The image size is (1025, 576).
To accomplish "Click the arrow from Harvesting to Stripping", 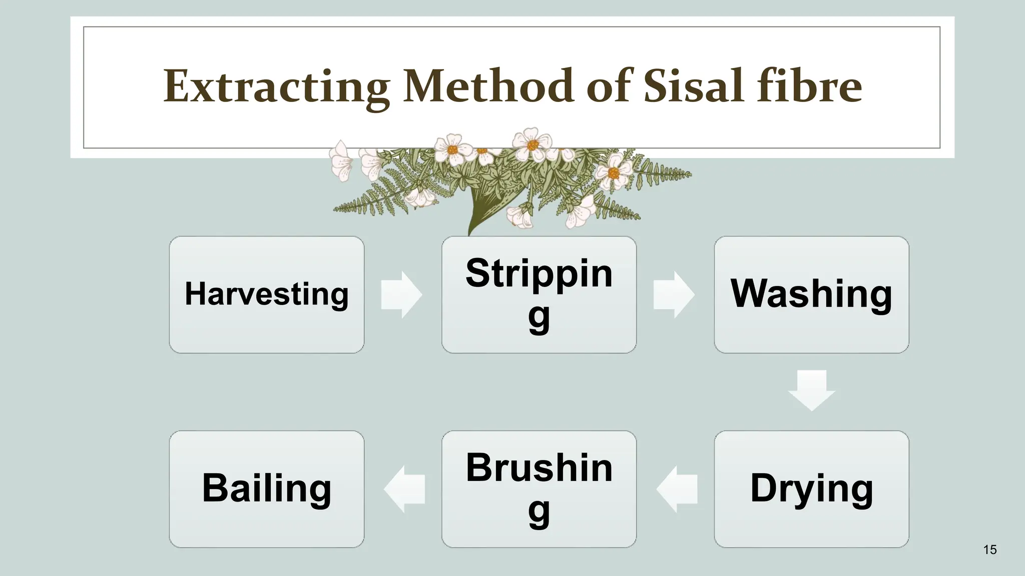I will pos(401,295).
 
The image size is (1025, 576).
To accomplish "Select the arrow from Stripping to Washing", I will pos(674,295).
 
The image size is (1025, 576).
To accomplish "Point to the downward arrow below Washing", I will pos(811,390).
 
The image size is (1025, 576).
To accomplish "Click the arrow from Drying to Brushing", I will pos(677,489).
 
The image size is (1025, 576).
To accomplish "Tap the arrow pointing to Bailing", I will pos(404,489).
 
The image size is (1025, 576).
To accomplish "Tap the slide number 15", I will pos(989,550).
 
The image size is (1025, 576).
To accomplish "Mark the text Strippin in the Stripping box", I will pos(539,273).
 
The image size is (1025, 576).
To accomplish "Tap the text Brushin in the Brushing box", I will pos(539,468).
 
